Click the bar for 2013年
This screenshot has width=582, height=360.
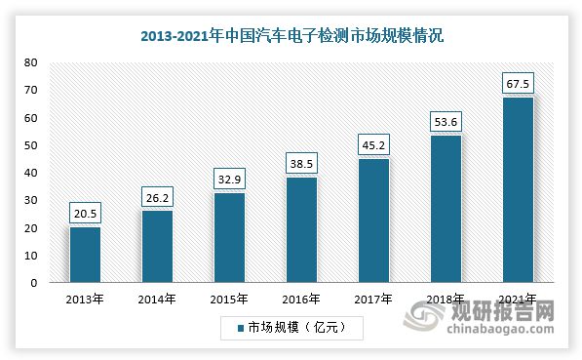click(x=85, y=255)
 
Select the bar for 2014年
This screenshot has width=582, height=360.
click(x=157, y=247)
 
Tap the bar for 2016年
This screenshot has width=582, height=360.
click(x=301, y=230)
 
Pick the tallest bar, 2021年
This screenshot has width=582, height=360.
click(x=518, y=190)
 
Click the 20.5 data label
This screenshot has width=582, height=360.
click(x=85, y=214)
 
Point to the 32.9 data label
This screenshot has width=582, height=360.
click(x=229, y=180)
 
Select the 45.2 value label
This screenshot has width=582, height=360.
click(x=373, y=145)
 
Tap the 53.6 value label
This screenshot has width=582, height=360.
click(x=446, y=122)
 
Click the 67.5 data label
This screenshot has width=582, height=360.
click(x=518, y=84)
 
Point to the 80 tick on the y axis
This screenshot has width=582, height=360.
click(x=31, y=62)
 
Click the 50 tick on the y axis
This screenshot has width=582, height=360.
click(x=31, y=145)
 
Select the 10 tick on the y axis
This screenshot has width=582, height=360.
click(x=31, y=256)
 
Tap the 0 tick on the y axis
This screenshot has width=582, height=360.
click(x=34, y=283)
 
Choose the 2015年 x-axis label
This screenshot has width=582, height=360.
click(x=229, y=299)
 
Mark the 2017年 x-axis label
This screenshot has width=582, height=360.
click(x=373, y=299)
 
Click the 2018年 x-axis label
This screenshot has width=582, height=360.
click(x=446, y=299)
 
